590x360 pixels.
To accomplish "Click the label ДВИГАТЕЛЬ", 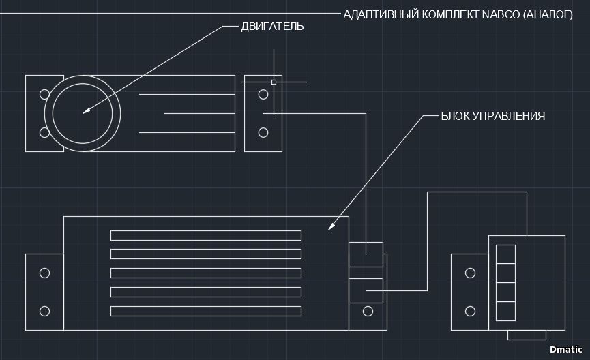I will [x=272, y=27].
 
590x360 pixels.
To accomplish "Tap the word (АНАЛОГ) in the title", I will [x=547, y=14].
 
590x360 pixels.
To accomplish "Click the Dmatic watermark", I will [x=565, y=348].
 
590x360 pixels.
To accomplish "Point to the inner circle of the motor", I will [x=83, y=113].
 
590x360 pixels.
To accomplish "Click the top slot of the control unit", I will [x=205, y=235].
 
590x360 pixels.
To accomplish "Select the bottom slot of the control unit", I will [x=205, y=312].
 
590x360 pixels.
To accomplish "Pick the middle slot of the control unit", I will [x=205, y=273].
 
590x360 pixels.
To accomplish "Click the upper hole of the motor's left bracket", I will [x=44, y=94].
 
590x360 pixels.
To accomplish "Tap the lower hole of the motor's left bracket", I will [x=44, y=132].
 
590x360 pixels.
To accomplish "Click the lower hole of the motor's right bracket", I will [x=263, y=132].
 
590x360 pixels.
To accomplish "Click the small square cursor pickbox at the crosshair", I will [x=274, y=82].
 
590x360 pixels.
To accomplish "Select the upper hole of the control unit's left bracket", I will [x=44, y=273].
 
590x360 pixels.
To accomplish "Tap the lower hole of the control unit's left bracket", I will [x=44, y=311].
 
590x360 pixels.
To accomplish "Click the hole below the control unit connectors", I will [x=368, y=312].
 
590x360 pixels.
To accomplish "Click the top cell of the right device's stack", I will [x=505, y=254].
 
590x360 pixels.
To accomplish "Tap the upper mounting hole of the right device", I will [x=470, y=273].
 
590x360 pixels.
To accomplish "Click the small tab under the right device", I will [x=527, y=335].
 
